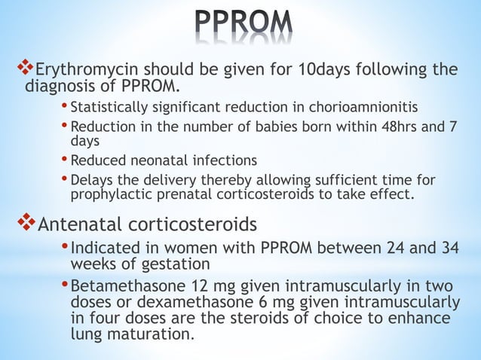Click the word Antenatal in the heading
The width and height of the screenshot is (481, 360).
[81, 224]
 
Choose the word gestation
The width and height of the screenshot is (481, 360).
[170, 265]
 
